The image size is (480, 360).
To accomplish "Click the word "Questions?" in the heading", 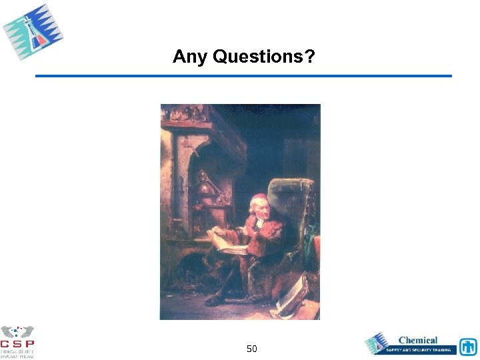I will pyautogui.click(x=264, y=57).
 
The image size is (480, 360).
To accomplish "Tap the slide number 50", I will pyautogui.click(x=252, y=349).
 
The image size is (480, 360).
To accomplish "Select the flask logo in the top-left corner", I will pyautogui.click(x=33, y=31).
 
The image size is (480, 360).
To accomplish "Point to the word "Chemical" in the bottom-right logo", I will pyautogui.click(x=418, y=340).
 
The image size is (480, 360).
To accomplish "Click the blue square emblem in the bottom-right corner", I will pyautogui.click(x=468, y=347).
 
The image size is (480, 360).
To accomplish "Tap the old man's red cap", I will pyautogui.click(x=257, y=198).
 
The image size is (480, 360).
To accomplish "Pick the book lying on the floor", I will pyautogui.click(x=292, y=297).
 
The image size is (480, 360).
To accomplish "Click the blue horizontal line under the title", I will pyautogui.click(x=243, y=76).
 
